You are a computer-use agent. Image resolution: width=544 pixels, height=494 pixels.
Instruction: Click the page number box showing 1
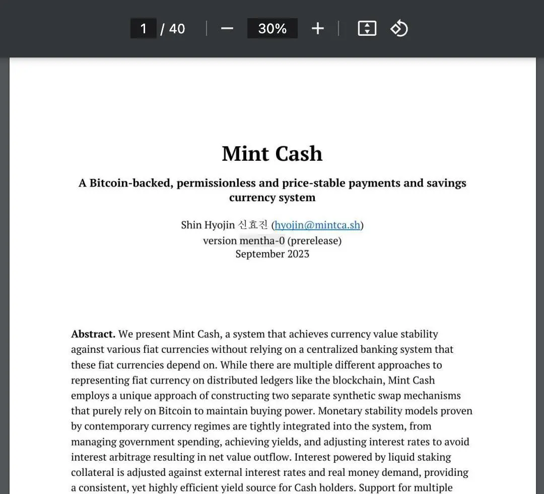tap(144, 28)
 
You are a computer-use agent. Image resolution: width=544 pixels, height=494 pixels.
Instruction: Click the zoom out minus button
tap(227, 28)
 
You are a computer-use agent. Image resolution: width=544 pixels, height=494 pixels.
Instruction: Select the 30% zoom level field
tap(272, 28)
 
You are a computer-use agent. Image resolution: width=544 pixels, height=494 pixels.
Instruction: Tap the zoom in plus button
tap(317, 28)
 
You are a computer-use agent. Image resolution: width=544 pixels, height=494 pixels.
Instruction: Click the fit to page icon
tap(367, 28)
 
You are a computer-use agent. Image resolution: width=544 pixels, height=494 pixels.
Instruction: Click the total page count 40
tap(177, 28)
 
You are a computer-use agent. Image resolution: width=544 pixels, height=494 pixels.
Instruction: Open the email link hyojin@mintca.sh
tap(317, 225)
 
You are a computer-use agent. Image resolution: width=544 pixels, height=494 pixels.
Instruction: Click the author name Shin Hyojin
tap(208, 225)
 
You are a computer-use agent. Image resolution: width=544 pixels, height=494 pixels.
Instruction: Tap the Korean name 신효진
tap(253, 225)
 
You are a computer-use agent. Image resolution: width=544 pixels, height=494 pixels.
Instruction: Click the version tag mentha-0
tap(262, 240)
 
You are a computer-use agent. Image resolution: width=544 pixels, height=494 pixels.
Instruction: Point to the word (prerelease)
tap(314, 240)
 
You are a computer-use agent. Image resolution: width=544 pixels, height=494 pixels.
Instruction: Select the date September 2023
tap(272, 254)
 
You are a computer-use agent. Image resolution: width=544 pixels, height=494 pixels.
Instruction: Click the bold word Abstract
tap(93, 334)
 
